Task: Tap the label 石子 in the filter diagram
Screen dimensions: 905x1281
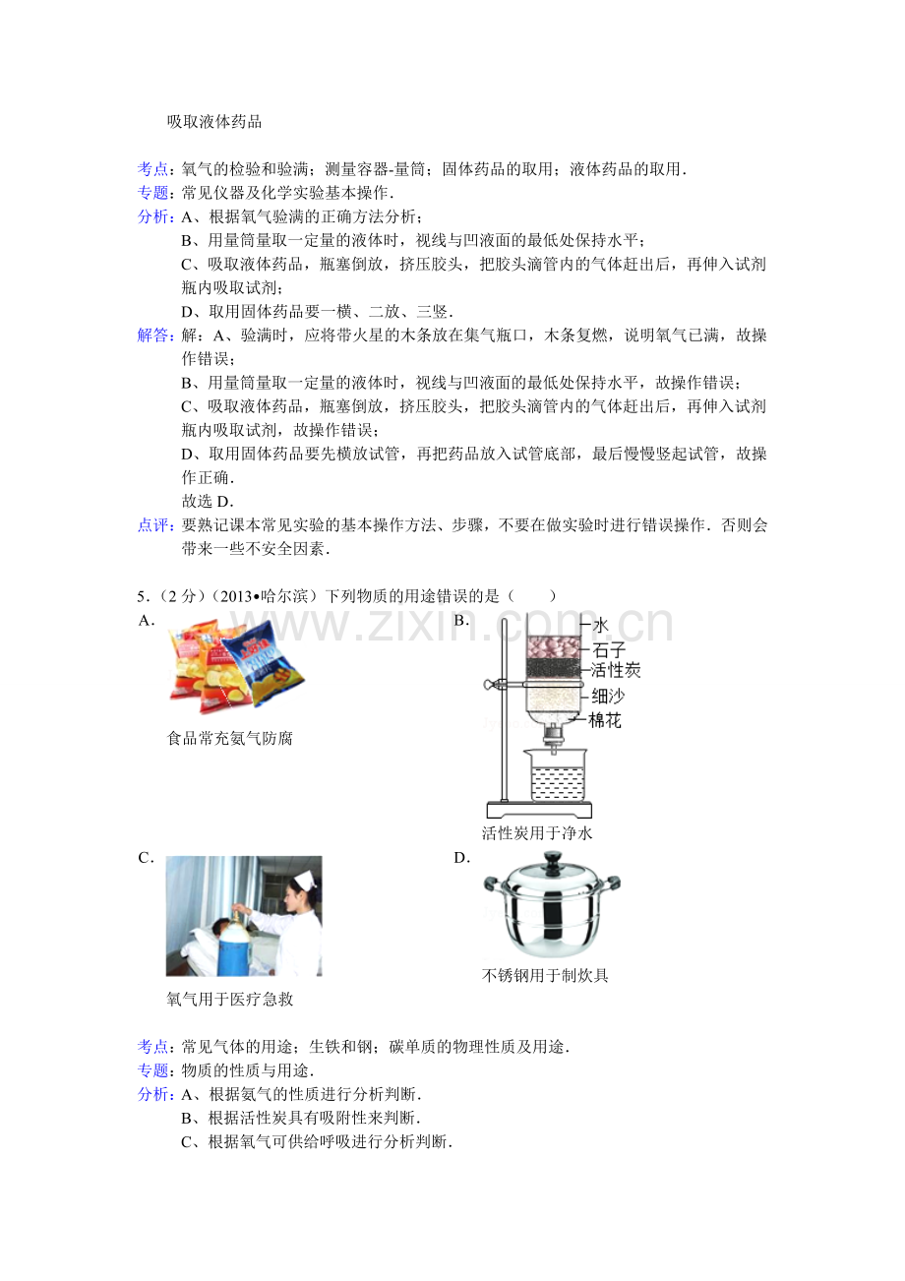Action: [608, 649]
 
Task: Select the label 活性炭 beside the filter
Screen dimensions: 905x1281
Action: [615, 670]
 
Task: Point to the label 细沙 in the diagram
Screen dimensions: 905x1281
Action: [608, 696]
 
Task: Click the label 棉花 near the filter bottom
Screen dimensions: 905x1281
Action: [605, 720]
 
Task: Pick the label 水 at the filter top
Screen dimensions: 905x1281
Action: [600, 625]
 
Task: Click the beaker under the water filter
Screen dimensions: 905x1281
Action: [556, 775]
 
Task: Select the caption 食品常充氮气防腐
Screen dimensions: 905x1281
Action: [230, 738]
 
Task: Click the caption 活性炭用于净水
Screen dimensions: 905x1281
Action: [536, 832]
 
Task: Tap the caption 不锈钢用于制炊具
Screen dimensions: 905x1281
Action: [545, 975]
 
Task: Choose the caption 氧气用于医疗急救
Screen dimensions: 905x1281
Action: [230, 999]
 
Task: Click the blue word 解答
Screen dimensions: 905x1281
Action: [152, 335]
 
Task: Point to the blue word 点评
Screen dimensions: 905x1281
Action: [152, 525]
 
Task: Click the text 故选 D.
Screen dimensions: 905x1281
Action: [208, 502]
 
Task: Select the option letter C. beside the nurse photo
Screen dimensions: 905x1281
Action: [146, 858]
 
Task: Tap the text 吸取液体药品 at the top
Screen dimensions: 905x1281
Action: [214, 122]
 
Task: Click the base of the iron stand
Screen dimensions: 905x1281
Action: [539, 811]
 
